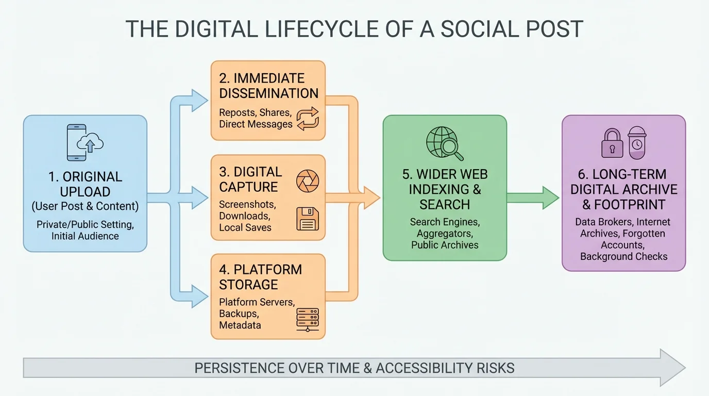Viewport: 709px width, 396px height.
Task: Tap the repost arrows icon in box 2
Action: (x=308, y=118)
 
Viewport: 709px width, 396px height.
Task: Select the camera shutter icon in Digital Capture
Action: (x=308, y=181)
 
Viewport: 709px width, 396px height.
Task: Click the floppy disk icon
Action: (x=308, y=219)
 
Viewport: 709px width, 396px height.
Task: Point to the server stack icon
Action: (x=308, y=319)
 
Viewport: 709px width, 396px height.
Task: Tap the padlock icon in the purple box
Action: (x=612, y=143)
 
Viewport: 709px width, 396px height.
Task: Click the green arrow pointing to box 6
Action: (x=533, y=198)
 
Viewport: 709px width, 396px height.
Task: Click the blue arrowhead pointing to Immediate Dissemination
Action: (x=199, y=101)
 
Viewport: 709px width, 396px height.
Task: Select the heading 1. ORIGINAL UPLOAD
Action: (x=85, y=184)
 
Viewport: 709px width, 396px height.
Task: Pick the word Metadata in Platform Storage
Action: (x=240, y=325)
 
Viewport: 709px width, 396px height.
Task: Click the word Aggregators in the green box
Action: (x=445, y=234)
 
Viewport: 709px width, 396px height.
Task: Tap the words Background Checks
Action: (x=623, y=256)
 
